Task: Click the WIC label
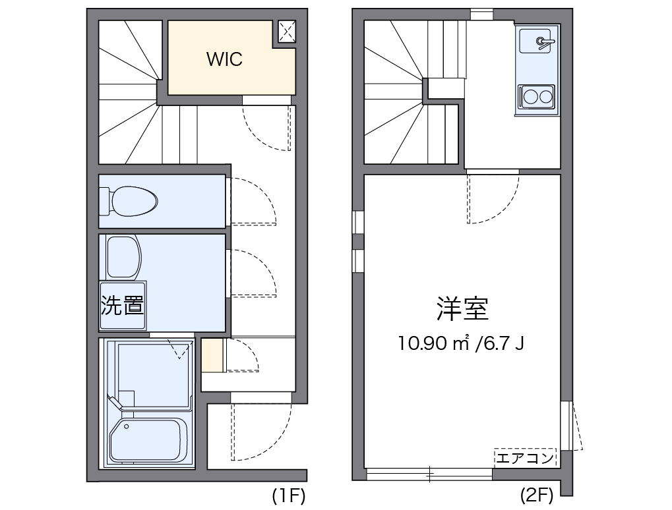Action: pyautogui.click(x=224, y=59)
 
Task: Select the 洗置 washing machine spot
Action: pyautogui.click(x=123, y=306)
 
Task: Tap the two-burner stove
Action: pyautogui.click(x=536, y=98)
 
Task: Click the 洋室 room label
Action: pyautogui.click(x=462, y=309)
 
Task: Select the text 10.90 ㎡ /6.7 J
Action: pyautogui.click(x=461, y=343)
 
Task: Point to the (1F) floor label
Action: pyautogui.click(x=289, y=496)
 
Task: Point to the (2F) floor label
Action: pyautogui.click(x=536, y=496)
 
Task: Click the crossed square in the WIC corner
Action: pyautogui.click(x=286, y=30)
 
